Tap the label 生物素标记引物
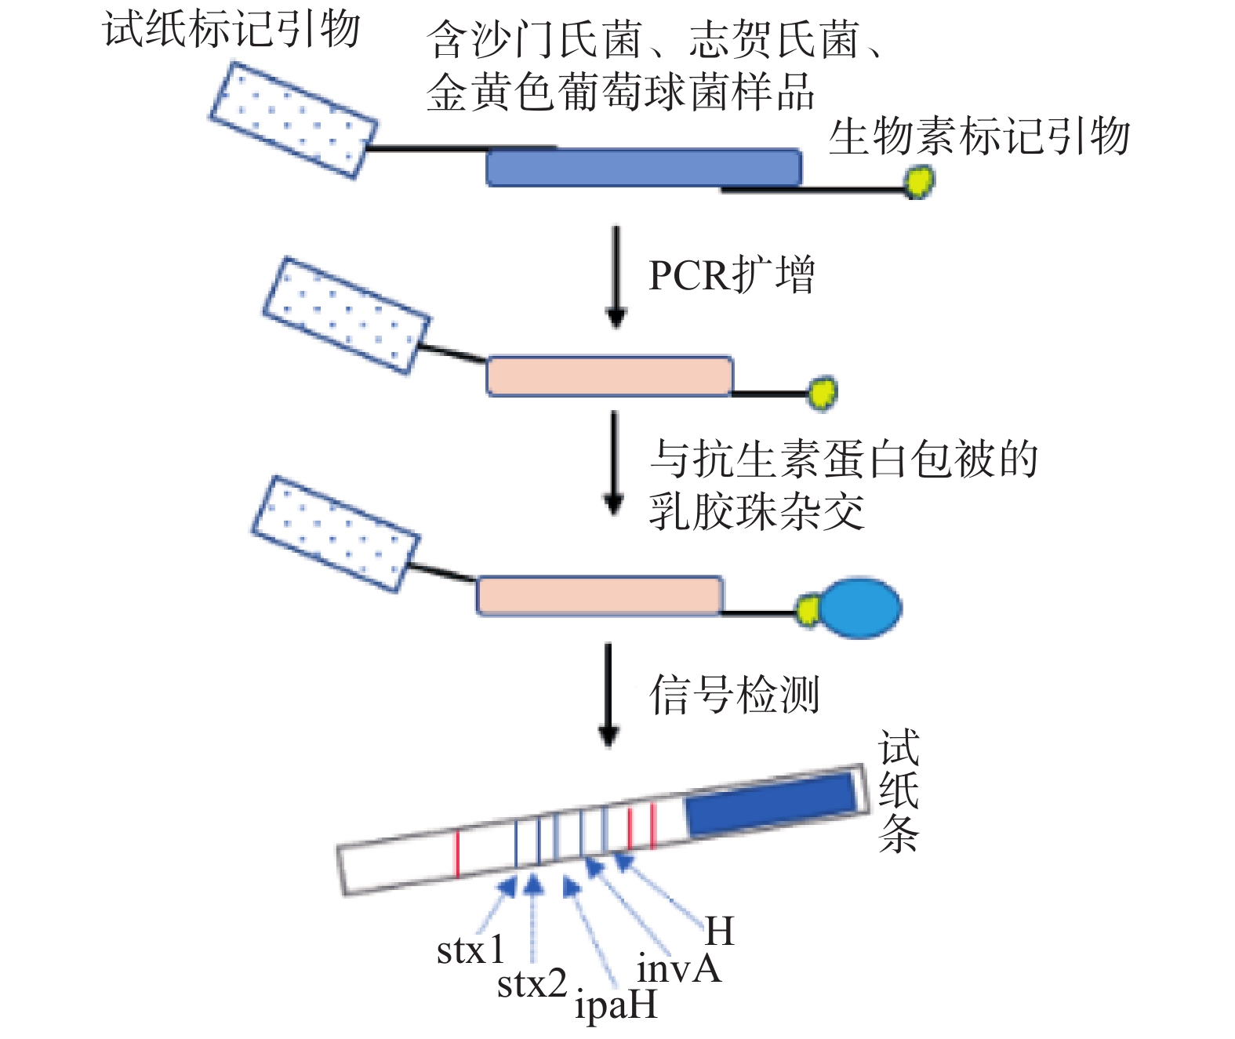pos(979,136)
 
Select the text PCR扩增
pos(731,275)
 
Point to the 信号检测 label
pos(734,695)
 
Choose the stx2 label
pos(532,984)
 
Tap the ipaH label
pos(616,1006)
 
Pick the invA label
pos(677,969)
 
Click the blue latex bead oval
pos(859,608)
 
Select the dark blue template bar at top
pos(643,167)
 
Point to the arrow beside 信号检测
pos(608,695)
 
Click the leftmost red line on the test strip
pos(457,854)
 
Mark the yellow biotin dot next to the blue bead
pos(808,610)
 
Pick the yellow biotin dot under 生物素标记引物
pos(918,183)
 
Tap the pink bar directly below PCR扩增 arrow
pos(609,376)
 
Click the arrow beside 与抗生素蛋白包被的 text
pos(614,463)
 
